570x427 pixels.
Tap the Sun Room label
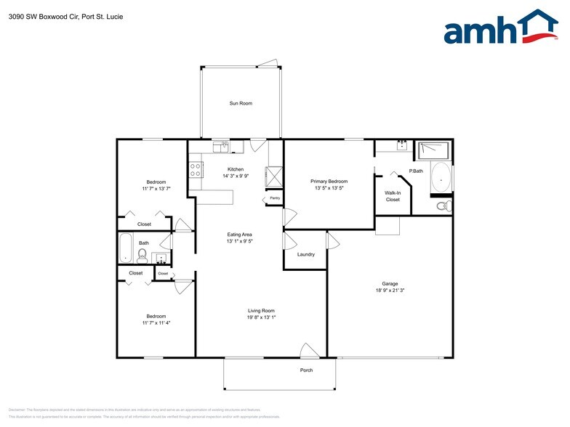(x=241, y=104)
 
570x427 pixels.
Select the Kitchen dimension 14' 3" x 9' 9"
(x=236, y=176)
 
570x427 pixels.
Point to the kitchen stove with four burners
(x=196, y=170)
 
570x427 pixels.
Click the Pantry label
(x=275, y=198)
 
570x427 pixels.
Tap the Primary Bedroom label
(x=329, y=181)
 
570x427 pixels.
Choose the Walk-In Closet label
(x=393, y=195)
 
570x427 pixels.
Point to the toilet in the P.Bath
(x=442, y=206)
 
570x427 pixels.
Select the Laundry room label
(x=306, y=254)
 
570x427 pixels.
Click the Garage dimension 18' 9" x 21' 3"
(x=390, y=290)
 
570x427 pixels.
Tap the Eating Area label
(x=239, y=235)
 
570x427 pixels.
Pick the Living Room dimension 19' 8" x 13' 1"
(x=262, y=317)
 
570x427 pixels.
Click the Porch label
(x=307, y=370)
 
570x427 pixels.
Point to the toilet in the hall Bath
(x=142, y=254)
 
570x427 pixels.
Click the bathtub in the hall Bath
(x=124, y=249)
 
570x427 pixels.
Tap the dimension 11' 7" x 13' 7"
(x=156, y=189)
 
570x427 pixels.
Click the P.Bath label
(x=416, y=171)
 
